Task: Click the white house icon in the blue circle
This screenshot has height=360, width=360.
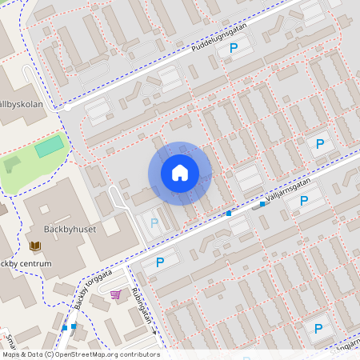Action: pyautogui.click(x=180, y=173)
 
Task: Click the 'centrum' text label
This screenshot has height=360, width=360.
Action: pyautogui.click(x=35, y=263)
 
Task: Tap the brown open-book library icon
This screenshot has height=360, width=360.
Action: pyautogui.click(x=35, y=246)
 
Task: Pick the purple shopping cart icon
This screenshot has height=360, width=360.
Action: pyautogui.click(x=115, y=294)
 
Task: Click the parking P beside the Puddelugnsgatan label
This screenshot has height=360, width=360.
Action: pyautogui.click(x=234, y=49)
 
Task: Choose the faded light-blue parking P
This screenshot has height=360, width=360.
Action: pyautogui.click(x=154, y=223)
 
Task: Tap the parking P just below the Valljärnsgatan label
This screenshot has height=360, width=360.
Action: pyautogui.click(x=304, y=201)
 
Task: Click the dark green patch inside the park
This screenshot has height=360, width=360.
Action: pyautogui.click(x=12, y=165)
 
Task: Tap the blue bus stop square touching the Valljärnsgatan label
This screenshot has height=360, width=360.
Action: pyautogui.click(x=262, y=203)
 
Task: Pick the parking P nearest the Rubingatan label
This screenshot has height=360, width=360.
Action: pyautogui.click(x=159, y=262)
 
